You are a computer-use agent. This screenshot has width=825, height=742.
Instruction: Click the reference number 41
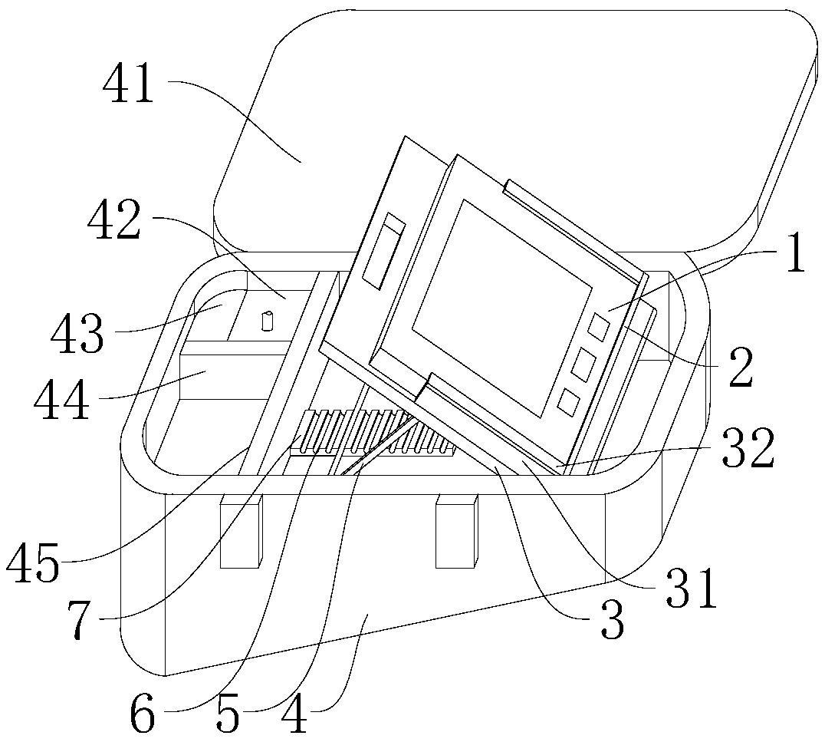point(128,85)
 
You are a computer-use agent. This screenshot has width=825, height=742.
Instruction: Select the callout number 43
point(77,334)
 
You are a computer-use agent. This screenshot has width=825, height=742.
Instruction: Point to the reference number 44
point(61,401)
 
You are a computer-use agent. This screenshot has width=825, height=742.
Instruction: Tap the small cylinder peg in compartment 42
point(268,322)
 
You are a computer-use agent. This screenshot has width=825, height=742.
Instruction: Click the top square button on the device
point(600,327)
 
